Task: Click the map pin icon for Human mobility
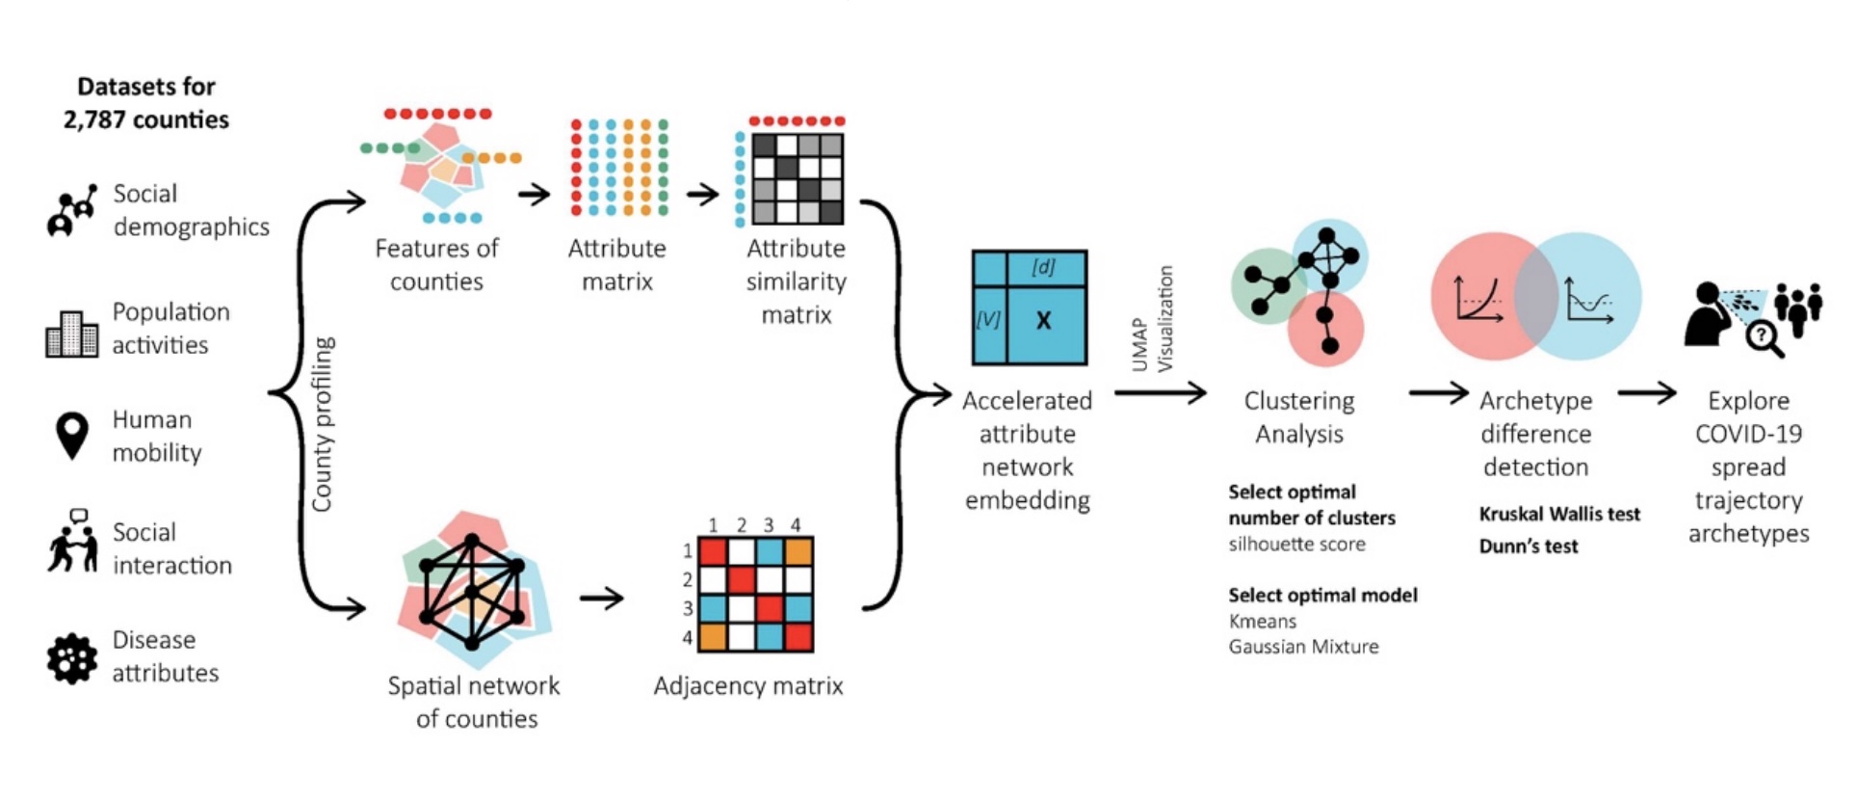pyautogui.click(x=72, y=436)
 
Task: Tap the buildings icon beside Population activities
pyautogui.click(x=72, y=333)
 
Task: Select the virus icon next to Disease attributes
pyautogui.click(x=72, y=659)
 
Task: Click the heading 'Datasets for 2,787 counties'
pyautogui.click(x=146, y=103)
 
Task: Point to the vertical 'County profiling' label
pyautogui.click(x=323, y=424)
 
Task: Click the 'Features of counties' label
pyautogui.click(x=436, y=265)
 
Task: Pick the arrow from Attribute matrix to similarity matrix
pyautogui.click(x=703, y=195)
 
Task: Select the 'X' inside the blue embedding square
pyautogui.click(x=1043, y=322)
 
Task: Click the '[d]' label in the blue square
pyautogui.click(x=1043, y=267)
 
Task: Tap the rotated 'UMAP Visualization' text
pyautogui.click(x=1152, y=319)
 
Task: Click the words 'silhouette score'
pyautogui.click(x=1296, y=545)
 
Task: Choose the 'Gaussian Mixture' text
pyautogui.click(x=1303, y=647)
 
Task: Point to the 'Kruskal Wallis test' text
pyautogui.click(x=1559, y=515)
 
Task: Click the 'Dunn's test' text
pyautogui.click(x=1529, y=547)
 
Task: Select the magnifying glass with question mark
pyautogui.click(x=1765, y=337)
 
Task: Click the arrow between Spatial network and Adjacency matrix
pyautogui.click(x=602, y=600)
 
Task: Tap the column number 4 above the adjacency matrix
pyautogui.click(x=796, y=525)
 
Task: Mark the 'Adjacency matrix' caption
pyautogui.click(x=748, y=686)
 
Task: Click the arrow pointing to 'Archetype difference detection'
pyautogui.click(x=1438, y=392)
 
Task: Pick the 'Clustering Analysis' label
pyautogui.click(x=1298, y=417)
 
